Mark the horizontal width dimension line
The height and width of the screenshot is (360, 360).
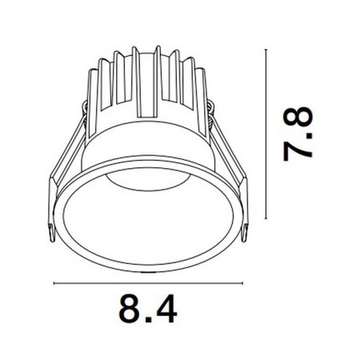pyautogui.click(x=147, y=282)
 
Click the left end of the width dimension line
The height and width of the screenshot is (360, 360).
pyautogui.click(x=54, y=282)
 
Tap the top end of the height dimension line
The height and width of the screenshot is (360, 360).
pyautogui.click(x=266, y=48)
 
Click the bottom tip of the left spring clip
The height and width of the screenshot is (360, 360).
pyautogui.click(x=53, y=240)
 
